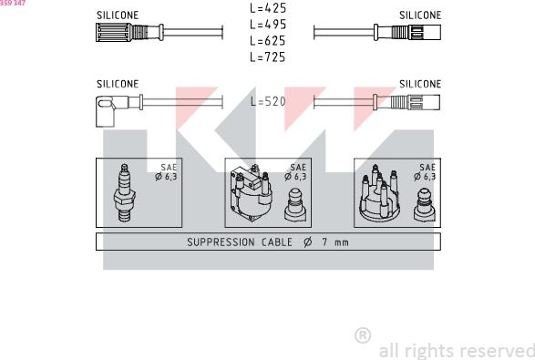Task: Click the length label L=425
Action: pos(268,8)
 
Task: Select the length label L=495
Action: pos(268,25)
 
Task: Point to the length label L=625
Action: pos(268,41)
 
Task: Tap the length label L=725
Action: pos(268,57)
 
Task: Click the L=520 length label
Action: pos(268,101)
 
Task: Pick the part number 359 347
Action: pos(13,3)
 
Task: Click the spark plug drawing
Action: pos(124,193)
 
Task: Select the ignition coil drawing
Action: pos(252,193)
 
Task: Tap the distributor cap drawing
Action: pos(379,193)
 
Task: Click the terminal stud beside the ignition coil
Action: pos(295,205)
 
